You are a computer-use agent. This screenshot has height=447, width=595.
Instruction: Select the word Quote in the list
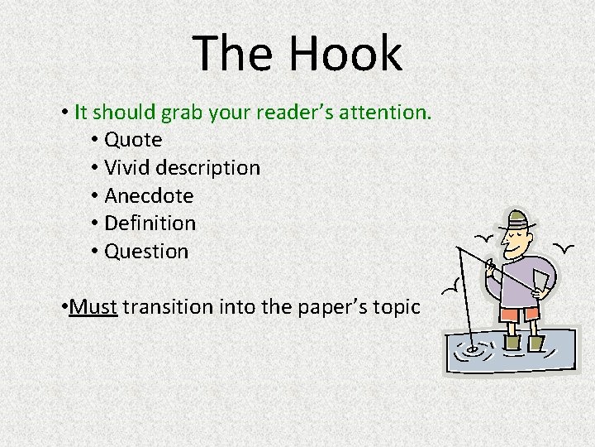click(133, 140)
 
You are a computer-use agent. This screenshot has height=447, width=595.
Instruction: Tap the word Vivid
click(128, 168)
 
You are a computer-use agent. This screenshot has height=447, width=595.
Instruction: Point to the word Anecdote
click(149, 196)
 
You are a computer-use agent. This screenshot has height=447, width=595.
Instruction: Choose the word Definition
click(150, 223)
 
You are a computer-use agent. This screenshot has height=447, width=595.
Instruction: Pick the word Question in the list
click(146, 252)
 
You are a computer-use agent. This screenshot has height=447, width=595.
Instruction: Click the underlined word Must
click(95, 307)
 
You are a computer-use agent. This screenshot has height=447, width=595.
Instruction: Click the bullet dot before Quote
click(96, 141)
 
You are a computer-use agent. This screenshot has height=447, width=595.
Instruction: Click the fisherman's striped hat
click(516, 220)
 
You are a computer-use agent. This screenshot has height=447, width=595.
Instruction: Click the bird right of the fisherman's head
click(564, 246)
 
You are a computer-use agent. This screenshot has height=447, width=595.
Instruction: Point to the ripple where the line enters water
click(472, 348)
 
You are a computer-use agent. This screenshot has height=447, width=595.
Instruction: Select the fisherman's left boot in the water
click(512, 342)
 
